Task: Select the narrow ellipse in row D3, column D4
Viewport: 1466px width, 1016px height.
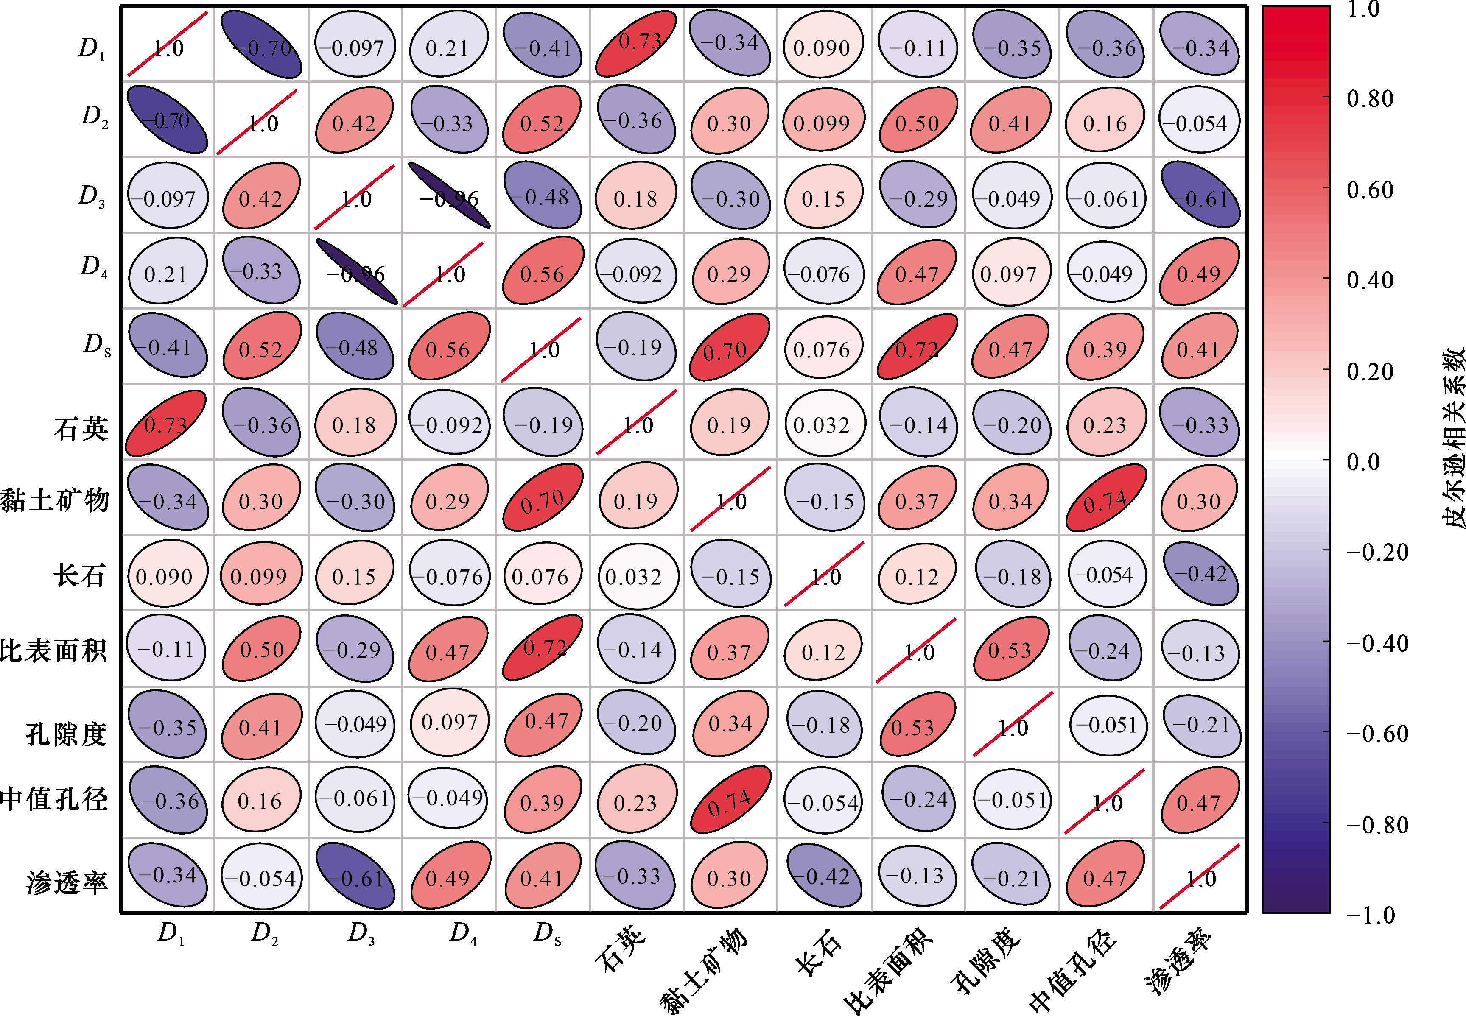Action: [449, 196]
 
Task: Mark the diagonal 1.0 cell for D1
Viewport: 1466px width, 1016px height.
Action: [168, 43]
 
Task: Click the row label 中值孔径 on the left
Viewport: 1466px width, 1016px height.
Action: [53, 799]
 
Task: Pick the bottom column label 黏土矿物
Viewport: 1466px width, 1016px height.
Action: [704, 971]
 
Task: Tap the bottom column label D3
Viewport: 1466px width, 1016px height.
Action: [361, 933]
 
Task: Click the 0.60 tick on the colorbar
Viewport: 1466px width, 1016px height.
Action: [1369, 189]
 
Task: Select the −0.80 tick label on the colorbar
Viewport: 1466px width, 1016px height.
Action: [1376, 824]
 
